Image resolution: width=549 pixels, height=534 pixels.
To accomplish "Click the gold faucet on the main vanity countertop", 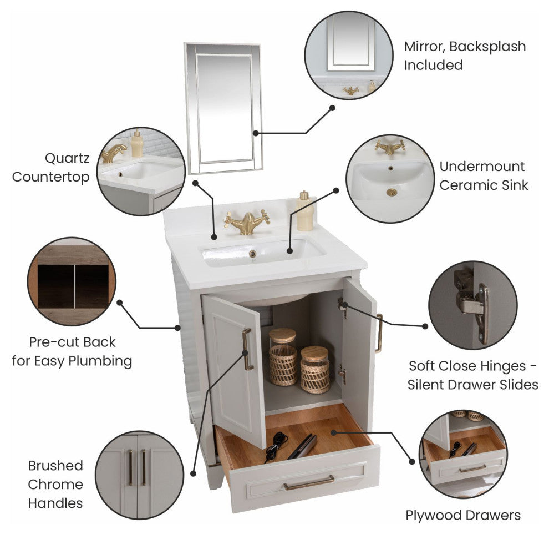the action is tap(247, 222).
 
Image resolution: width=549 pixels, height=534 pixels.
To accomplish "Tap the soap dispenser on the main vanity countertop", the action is tap(304, 211).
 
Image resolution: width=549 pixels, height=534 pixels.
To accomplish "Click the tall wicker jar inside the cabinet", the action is tap(283, 357).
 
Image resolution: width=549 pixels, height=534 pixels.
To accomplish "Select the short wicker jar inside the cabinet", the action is tap(315, 369).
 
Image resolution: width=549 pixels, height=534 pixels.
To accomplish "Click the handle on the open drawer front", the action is tap(309, 482).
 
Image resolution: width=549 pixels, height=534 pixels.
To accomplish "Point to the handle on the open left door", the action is tap(247, 349).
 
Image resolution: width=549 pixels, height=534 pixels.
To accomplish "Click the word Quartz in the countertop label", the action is tap(67, 158).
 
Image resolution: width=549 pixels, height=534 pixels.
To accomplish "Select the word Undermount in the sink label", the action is tap(482, 167).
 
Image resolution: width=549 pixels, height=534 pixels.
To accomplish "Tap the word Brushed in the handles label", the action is tap(55, 466).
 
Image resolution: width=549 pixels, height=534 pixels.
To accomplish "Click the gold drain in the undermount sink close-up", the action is tap(392, 192).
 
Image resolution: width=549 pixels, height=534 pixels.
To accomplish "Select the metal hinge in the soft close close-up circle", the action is tap(471, 304).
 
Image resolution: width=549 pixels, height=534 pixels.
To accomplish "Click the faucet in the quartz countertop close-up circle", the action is tap(114, 153).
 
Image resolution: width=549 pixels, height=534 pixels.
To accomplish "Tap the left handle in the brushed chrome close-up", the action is tap(130, 468).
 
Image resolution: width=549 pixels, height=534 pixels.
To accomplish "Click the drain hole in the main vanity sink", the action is tap(252, 254).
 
